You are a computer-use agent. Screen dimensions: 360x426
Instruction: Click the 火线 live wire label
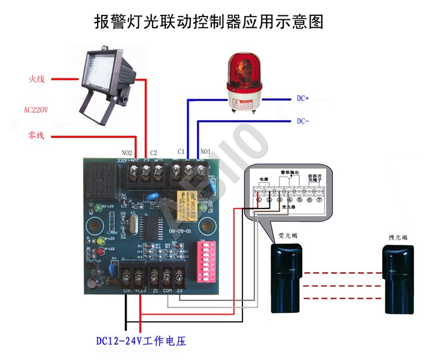pos(36,79)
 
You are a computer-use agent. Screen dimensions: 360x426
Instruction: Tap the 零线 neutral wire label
pos(36,136)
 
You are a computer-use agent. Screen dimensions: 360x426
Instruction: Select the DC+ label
pos(302,98)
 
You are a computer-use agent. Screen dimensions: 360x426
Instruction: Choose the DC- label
pos(302,121)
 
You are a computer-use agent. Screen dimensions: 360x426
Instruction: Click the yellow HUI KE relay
pos(189,200)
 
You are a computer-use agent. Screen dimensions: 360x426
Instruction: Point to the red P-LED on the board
pos(101,250)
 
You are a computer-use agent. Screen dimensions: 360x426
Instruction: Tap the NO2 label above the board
pos(127,153)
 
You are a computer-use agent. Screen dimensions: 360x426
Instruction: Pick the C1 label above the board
pos(181,152)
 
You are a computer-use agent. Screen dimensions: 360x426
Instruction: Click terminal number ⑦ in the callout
pos(319,199)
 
